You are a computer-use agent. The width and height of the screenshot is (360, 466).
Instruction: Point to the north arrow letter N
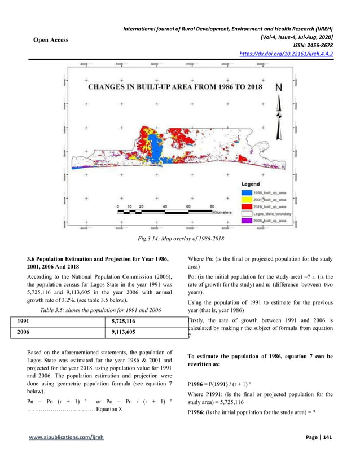coord(279,89)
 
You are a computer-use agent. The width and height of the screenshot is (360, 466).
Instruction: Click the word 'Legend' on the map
coord(251,184)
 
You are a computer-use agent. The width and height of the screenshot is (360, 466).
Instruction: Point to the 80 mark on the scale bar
coord(212,206)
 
